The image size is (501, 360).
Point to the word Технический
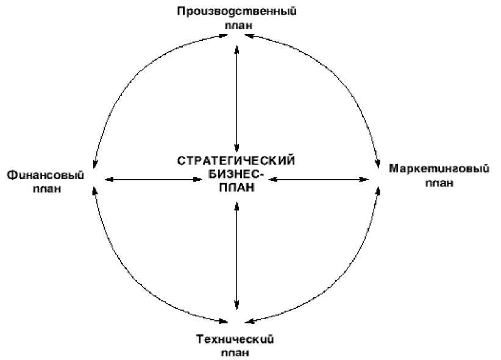[x=235, y=339]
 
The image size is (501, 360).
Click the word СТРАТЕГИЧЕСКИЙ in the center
[x=236, y=161]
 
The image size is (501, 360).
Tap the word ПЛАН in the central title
[x=236, y=189]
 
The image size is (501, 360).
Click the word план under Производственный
[x=236, y=26]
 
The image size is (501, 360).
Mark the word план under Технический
[x=236, y=353]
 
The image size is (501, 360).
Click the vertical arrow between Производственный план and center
[x=236, y=97]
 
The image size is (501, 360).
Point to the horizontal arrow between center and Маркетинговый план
[x=320, y=179]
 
